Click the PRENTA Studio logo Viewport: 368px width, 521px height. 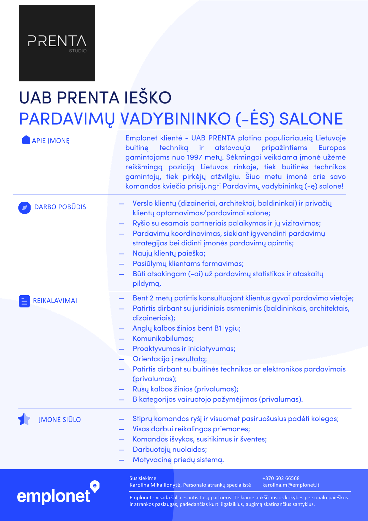pyautogui.click(x=57, y=43)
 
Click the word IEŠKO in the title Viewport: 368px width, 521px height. pyautogui.click(x=148, y=98)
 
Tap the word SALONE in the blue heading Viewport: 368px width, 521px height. pyautogui.click(x=311, y=119)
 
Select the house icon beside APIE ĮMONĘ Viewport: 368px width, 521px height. pyautogui.click(x=26, y=140)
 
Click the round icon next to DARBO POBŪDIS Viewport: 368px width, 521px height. pyautogui.click(x=24, y=208)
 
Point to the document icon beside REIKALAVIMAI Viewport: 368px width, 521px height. pyautogui.click(x=24, y=301)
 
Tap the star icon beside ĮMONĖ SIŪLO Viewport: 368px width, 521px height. pyautogui.click(x=24, y=419)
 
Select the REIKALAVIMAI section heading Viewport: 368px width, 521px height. pyautogui.click(x=55, y=301)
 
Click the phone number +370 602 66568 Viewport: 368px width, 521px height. pyautogui.click(x=281, y=478)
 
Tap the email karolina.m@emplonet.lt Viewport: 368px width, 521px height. pyautogui.click(x=291, y=485)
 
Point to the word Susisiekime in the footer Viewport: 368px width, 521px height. pyautogui.click(x=143, y=478)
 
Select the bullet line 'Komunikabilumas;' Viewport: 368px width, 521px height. pyautogui.click(x=163, y=339)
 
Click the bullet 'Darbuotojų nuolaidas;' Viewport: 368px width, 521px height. pyautogui.click(x=170, y=449)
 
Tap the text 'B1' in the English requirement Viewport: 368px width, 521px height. pyautogui.click(x=218, y=328)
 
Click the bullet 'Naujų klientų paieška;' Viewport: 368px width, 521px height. pyautogui.click(x=169, y=253)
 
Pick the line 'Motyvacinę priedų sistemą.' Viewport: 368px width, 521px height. pyautogui.click(x=178, y=460)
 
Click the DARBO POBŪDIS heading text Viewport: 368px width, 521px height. pyautogui.click(x=60, y=207)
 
